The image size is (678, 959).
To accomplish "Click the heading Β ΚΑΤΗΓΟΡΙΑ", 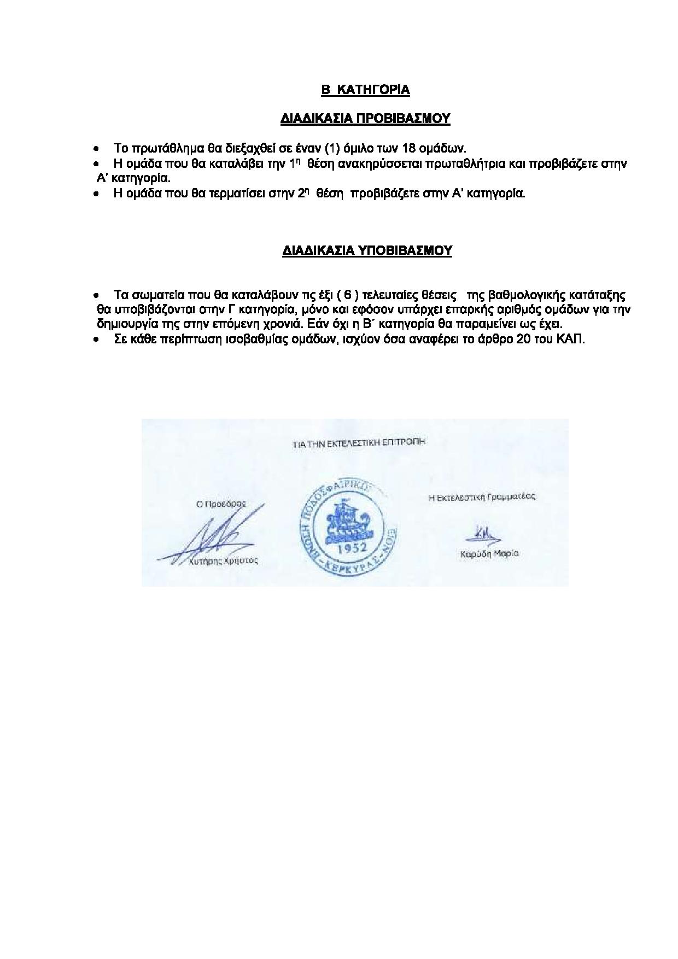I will pyautogui.click(x=365, y=90).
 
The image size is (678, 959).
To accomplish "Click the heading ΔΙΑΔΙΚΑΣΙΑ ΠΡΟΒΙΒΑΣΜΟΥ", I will pyautogui.click(x=365, y=119).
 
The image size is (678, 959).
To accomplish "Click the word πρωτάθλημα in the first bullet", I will pyautogui.click(x=161, y=148).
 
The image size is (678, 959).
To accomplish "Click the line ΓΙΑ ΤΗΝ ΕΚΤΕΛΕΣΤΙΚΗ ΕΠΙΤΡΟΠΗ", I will pyautogui.click(x=359, y=443).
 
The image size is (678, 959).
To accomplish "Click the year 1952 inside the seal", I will pyautogui.click(x=347, y=548).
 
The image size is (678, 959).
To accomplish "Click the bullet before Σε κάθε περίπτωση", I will pyautogui.click(x=96, y=340).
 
